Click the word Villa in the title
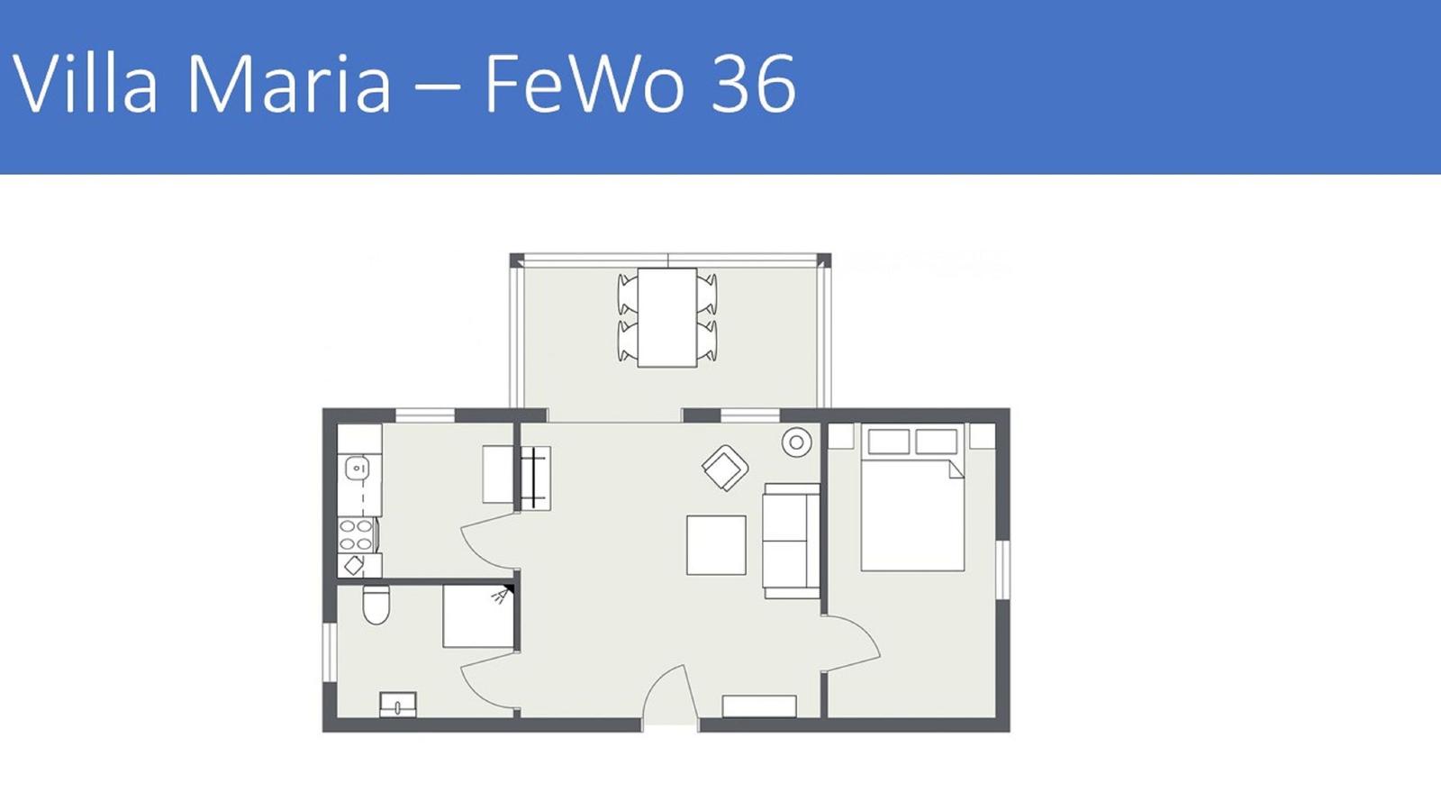coord(85,84)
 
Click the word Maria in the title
coord(289,84)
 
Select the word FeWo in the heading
coord(584,84)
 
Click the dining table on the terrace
coord(667,318)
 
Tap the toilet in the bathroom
coord(376,605)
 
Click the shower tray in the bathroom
coord(478,616)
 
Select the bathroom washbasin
coord(397,704)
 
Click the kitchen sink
coord(357,468)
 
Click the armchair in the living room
coord(725,468)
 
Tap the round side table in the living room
coord(796,442)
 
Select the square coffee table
coord(716,545)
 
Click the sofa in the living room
coord(792,541)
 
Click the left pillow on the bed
coord(888,442)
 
